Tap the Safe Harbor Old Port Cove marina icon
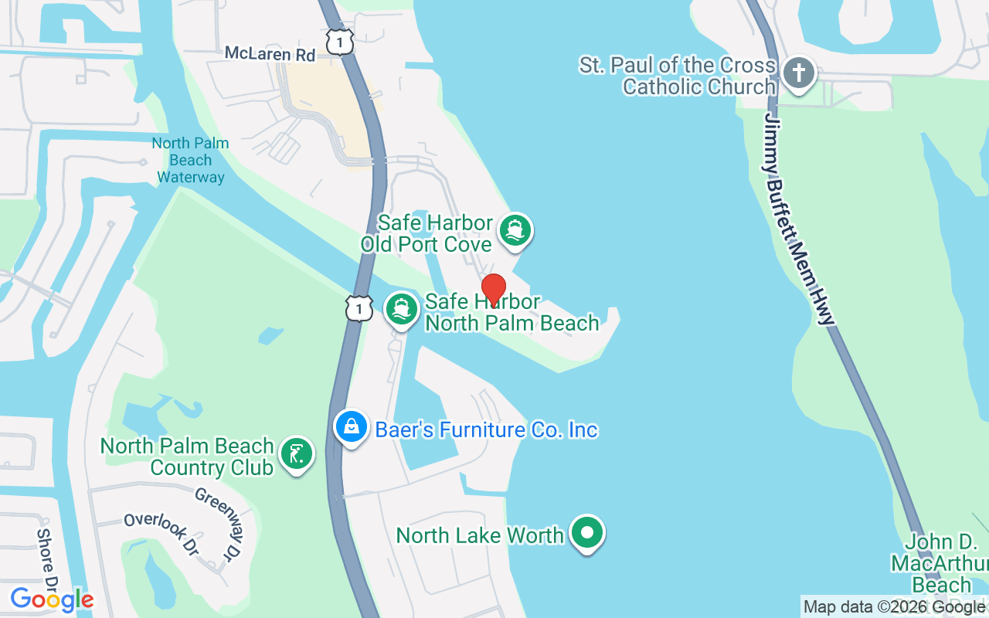[x=515, y=230]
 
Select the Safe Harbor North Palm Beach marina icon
[x=401, y=309]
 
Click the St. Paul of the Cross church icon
[x=799, y=74]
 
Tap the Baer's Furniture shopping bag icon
[x=352, y=426]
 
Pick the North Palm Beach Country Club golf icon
[x=297, y=453]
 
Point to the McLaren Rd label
[x=270, y=54]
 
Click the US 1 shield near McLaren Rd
[x=339, y=42]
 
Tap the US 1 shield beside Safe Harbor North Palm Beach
[x=359, y=307]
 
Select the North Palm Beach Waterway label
[x=191, y=160]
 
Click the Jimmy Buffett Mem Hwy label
[x=800, y=219]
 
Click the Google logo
[x=52, y=599]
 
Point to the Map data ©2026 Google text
[x=894, y=607]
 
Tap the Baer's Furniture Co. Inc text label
[x=487, y=430]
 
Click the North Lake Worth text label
[x=480, y=535]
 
